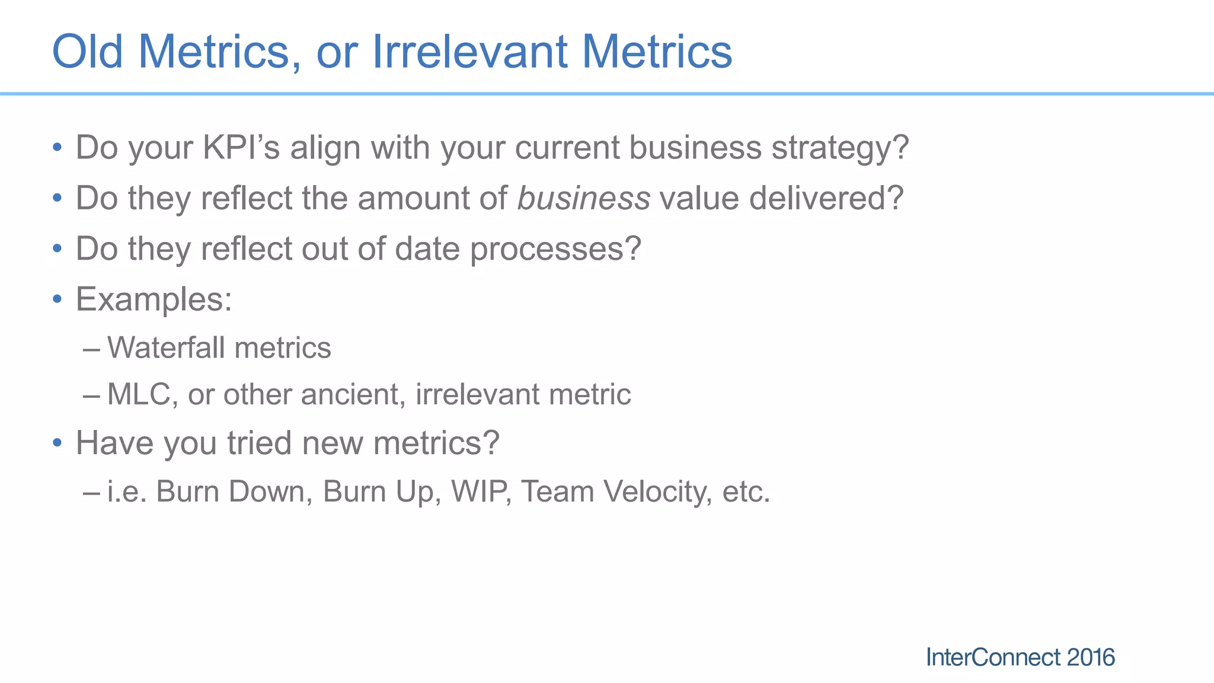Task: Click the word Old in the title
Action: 88,52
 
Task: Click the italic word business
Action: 583,198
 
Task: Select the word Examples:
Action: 154,299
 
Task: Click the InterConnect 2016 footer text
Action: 1020,658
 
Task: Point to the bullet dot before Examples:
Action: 57,299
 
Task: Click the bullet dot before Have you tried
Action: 57,443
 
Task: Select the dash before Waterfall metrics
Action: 91,349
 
